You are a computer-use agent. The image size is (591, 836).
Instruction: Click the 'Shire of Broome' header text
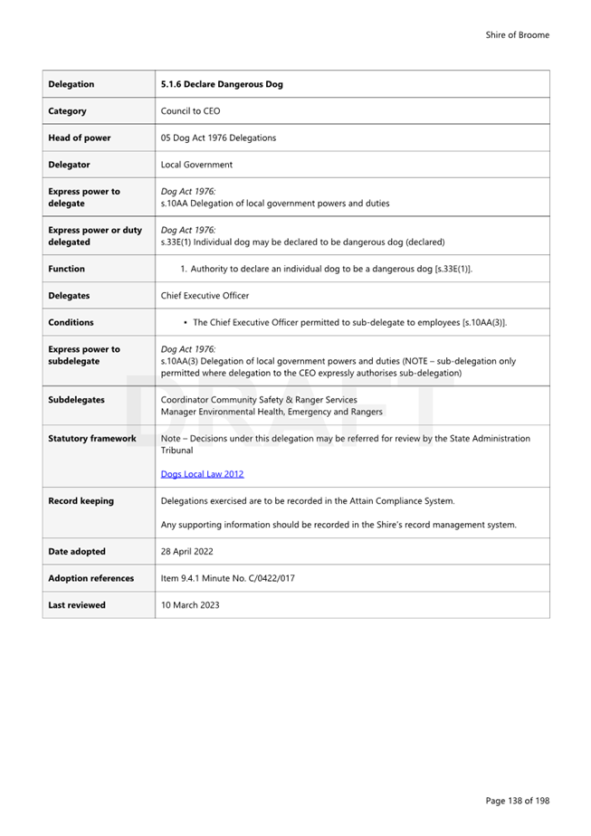517,35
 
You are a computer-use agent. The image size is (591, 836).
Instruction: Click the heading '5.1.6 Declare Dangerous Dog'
221,84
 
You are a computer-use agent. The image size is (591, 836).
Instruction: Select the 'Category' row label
67,111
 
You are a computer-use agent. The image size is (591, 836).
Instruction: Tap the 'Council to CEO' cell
190,111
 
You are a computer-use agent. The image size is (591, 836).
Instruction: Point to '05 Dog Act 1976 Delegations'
218,138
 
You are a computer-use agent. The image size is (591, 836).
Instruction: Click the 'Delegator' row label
69,165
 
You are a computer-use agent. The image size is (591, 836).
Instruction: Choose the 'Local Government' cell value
196,165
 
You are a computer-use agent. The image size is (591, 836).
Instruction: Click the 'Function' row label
66,269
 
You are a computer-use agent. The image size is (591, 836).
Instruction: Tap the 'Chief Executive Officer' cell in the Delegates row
205,295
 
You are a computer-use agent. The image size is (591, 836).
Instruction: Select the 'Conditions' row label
71,322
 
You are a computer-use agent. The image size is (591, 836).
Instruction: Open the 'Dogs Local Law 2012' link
202,474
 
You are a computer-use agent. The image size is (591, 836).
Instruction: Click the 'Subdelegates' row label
76,399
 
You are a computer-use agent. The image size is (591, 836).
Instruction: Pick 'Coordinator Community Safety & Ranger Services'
258,399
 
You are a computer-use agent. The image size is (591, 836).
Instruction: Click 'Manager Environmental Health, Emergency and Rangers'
271,412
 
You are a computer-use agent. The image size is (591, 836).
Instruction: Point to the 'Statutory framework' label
92,438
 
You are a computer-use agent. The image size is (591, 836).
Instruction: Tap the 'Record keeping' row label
81,500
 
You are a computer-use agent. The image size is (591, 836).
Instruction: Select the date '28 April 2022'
188,551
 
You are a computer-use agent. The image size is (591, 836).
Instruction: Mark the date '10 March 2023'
189,605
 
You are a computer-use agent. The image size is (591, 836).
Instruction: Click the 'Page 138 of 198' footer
517,800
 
